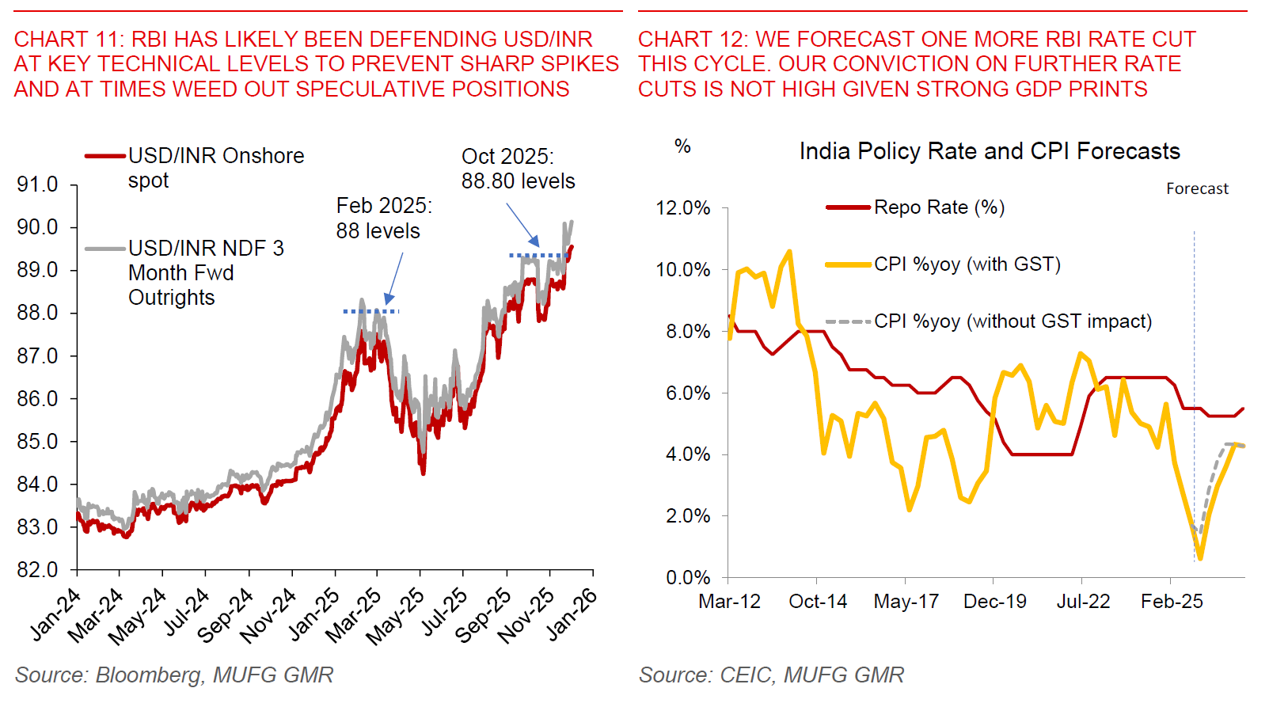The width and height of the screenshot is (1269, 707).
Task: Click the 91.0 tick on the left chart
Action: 37,184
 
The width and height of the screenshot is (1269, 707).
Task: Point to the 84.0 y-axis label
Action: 37,484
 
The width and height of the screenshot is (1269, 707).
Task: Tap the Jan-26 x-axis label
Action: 572,614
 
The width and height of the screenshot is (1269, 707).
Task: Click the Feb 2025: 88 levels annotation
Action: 383,218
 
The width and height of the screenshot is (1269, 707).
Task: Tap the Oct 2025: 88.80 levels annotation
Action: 518,169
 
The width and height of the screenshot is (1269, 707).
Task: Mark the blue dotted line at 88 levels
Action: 370,311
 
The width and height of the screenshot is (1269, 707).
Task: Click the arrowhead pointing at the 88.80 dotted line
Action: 535,242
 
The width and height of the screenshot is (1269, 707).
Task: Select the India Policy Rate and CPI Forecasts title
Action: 989,151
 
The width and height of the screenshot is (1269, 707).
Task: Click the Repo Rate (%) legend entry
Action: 938,207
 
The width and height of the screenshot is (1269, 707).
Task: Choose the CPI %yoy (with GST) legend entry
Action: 967,264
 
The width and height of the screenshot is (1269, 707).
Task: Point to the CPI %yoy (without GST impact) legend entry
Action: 1012,321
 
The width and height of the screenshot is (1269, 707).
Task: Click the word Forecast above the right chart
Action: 1196,188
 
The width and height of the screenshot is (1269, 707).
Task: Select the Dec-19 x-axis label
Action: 994,602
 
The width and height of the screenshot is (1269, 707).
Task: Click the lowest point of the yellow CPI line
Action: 1200,558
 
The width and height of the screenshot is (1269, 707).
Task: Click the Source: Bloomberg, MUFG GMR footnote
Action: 173,675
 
